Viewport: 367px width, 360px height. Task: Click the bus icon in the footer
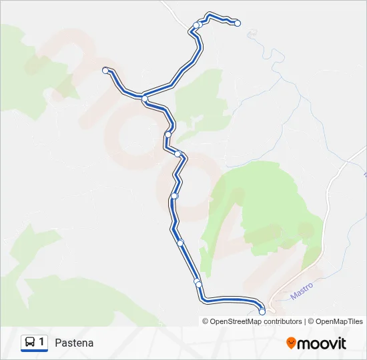click(x=30, y=342)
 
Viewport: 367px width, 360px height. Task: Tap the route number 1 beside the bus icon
click(x=42, y=342)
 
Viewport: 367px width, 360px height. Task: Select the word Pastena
click(x=74, y=343)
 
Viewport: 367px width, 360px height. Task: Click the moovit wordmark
click(x=322, y=343)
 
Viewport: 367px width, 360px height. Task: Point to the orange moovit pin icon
click(x=292, y=343)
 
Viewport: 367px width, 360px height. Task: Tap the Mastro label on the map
click(x=302, y=291)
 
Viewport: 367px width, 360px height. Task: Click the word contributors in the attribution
click(x=283, y=321)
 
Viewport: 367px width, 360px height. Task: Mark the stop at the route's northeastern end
click(x=238, y=23)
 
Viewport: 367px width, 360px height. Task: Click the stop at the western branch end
click(x=105, y=70)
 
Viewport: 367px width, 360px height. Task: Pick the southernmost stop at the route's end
click(x=262, y=311)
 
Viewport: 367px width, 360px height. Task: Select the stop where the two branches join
click(x=145, y=99)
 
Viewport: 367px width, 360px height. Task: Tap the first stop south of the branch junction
click(x=168, y=135)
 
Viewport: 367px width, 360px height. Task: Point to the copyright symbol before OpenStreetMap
click(x=206, y=321)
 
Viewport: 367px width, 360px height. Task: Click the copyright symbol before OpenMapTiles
click(x=310, y=321)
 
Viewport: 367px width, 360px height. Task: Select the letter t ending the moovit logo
click(x=344, y=343)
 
